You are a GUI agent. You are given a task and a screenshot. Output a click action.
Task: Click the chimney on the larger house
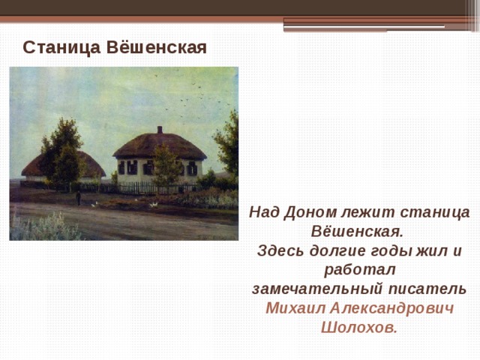pyautogui.click(x=158, y=132)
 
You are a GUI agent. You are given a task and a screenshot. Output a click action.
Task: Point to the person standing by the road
pyautogui.click(x=77, y=197)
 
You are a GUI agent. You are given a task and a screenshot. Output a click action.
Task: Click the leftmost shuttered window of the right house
pyautogui.click(x=121, y=168)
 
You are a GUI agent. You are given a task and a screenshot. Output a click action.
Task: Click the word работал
pyautogui.click(x=359, y=270)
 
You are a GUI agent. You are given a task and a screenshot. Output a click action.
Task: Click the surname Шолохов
pyautogui.click(x=358, y=328)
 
